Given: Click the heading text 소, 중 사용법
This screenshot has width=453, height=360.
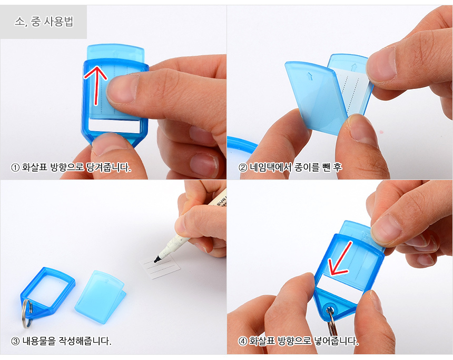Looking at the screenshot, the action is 44,22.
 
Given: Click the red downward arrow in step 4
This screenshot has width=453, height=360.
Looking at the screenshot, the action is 340,258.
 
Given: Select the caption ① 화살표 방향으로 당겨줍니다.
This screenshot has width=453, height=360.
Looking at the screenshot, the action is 71,167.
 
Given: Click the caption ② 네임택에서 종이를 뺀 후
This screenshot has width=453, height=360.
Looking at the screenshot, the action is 290,167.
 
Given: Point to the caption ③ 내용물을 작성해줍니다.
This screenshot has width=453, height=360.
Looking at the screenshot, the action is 61,341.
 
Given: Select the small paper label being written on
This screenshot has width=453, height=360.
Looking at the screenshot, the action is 160,266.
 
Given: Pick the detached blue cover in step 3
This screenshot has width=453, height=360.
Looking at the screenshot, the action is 100,297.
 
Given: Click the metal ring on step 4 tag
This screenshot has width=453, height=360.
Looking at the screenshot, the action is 331,321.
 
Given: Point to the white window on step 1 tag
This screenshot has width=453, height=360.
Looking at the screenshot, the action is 115,126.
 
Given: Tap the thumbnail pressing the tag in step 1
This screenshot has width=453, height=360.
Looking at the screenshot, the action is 122,89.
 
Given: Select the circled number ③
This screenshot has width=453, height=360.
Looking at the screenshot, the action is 15,341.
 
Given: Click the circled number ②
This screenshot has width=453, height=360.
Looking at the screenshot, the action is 243,167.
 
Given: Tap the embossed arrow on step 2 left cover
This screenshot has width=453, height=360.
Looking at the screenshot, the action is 309,76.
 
